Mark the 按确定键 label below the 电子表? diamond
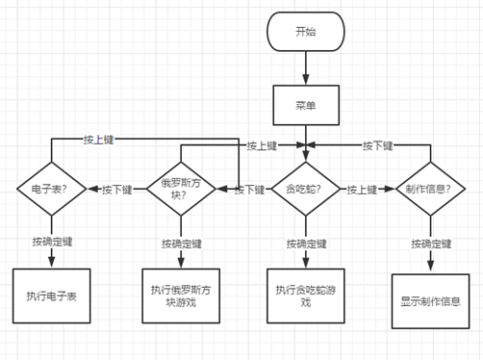coord(49,240)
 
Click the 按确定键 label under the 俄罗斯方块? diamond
coord(180,242)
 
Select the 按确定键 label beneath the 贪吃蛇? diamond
coord(305,242)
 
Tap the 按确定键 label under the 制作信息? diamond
coord(429,243)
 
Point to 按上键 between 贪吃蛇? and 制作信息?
coord(364,190)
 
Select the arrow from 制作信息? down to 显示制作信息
coord(429,260)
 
